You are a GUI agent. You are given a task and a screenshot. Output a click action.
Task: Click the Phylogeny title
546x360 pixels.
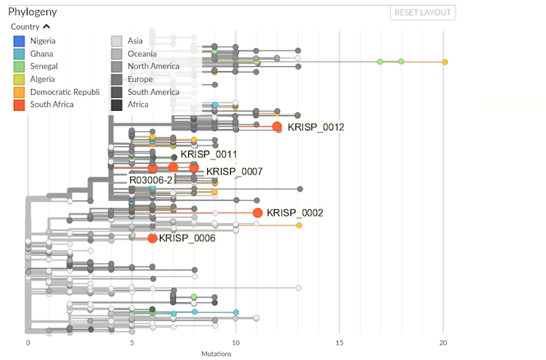click(x=33, y=12)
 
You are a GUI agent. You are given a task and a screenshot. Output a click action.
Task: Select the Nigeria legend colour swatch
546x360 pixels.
click(x=20, y=41)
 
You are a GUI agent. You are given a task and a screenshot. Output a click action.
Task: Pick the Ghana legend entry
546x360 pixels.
click(x=42, y=54)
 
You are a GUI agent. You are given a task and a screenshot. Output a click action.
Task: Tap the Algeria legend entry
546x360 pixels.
click(x=43, y=79)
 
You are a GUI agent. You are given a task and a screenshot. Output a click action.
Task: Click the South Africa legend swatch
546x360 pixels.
click(x=20, y=104)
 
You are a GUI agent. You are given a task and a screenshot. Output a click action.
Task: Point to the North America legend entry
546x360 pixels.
click(x=154, y=66)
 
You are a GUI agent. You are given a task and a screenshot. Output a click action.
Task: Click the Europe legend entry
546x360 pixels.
click(x=140, y=79)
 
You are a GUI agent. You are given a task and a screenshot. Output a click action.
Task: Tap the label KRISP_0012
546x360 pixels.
click(x=316, y=127)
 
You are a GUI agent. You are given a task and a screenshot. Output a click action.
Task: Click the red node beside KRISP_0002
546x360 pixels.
click(x=257, y=213)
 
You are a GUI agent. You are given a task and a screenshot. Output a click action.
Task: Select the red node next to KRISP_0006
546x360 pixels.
click(x=152, y=238)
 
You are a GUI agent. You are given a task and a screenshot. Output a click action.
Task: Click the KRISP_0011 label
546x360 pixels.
click(x=209, y=154)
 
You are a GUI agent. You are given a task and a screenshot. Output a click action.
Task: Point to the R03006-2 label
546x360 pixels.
click(x=151, y=179)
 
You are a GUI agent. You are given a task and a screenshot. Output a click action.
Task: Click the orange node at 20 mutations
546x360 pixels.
click(x=445, y=62)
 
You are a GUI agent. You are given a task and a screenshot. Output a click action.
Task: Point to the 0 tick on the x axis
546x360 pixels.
click(x=28, y=343)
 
